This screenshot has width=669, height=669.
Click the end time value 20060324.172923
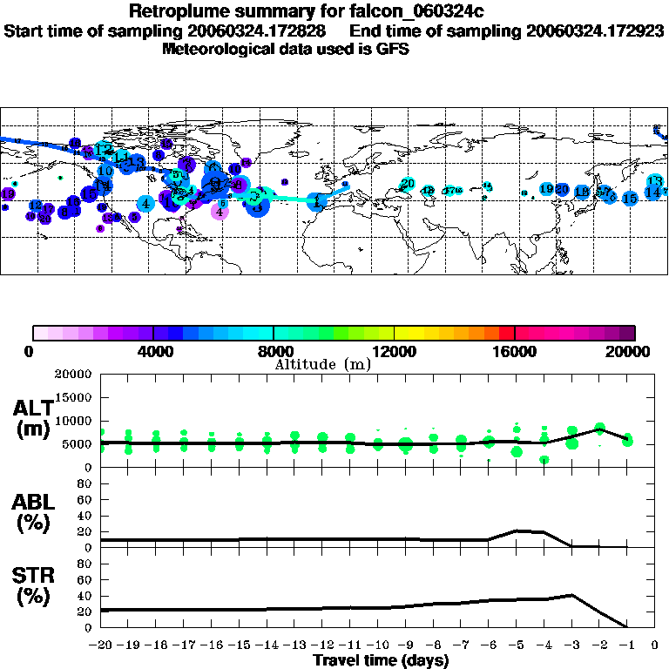click(x=595, y=30)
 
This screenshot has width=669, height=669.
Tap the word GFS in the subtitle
click(x=391, y=49)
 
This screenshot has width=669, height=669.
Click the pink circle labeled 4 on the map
click(x=220, y=211)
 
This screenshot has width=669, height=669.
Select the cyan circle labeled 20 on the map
click(x=407, y=184)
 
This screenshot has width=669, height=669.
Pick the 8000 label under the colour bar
click(x=274, y=352)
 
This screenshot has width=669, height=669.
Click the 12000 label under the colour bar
click(x=394, y=352)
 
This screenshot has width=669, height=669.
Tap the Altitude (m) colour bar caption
click(x=322, y=365)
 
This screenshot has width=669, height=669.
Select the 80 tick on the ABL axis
click(x=85, y=485)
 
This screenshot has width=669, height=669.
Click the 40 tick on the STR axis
click(x=85, y=597)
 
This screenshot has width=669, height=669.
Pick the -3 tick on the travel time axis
click(x=571, y=645)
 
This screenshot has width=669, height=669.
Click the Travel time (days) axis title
click(x=380, y=660)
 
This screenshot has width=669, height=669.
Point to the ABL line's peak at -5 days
click(x=516, y=530)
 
